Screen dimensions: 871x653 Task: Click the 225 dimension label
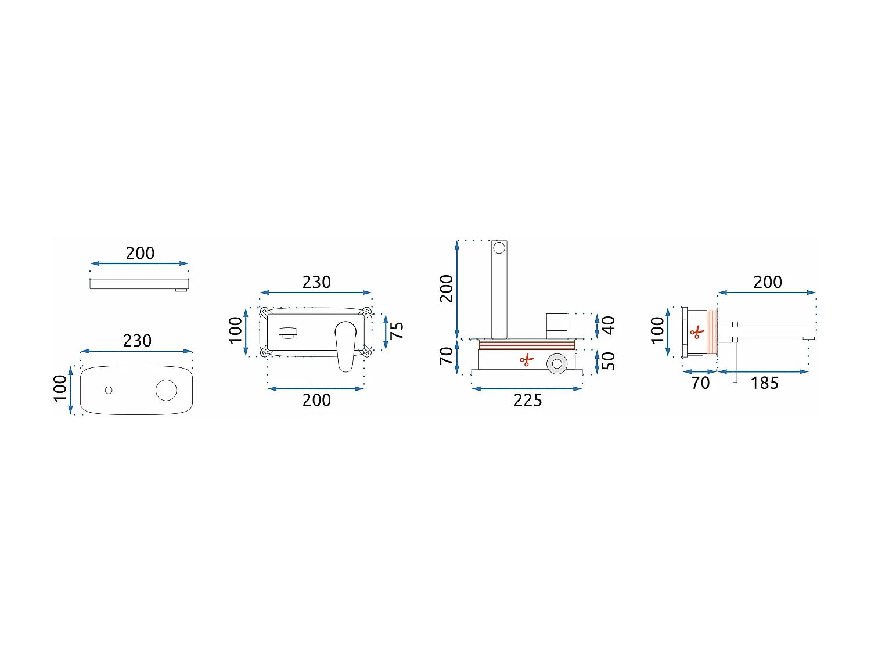(x=527, y=400)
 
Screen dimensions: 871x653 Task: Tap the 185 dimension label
(x=764, y=384)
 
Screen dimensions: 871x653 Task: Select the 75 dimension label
(x=397, y=330)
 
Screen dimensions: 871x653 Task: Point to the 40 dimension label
(x=609, y=325)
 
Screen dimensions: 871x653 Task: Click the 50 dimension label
(x=609, y=361)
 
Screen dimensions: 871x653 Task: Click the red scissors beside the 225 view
(x=527, y=360)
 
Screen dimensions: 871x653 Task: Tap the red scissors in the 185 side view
(x=697, y=332)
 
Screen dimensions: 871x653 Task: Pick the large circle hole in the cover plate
(x=166, y=390)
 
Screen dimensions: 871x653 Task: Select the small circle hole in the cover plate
(x=109, y=391)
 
